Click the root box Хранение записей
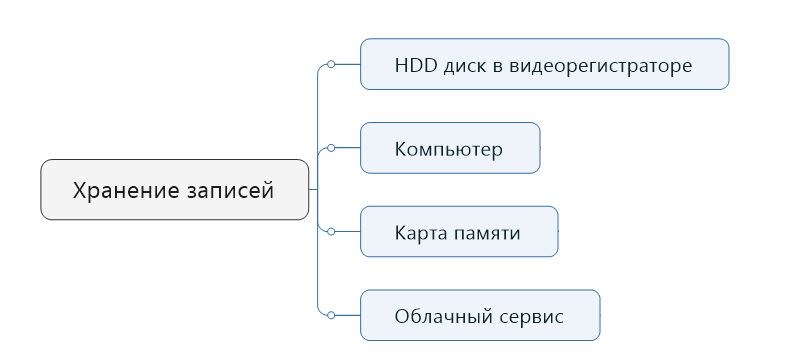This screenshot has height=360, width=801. click(174, 189)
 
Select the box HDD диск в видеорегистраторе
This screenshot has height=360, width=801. click(544, 64)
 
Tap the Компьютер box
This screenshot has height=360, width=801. click(449, 148)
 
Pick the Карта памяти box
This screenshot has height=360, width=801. click(458, 232)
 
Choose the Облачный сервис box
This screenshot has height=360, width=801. click(479, 316)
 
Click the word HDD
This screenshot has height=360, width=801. click(414, 66)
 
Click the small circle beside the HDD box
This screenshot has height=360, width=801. click(331, 64)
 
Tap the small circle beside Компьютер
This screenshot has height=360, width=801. click(331, 148)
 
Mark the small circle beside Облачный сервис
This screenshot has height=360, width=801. click(331, 315)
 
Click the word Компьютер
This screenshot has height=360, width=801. click(449, 150)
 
